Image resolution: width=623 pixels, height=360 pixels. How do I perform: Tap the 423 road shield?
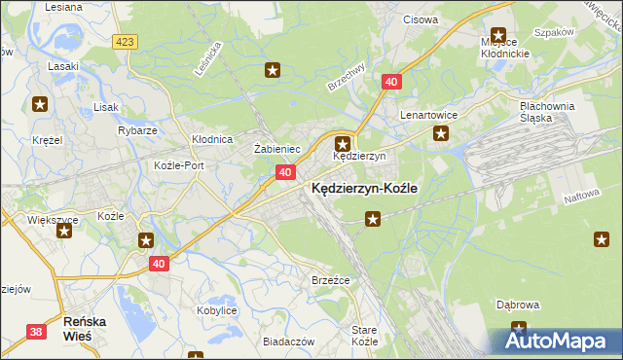tap(124, 42)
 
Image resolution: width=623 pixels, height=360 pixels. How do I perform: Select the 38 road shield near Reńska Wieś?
tap(36, 332)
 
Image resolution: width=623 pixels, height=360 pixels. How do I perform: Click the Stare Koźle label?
tap(364, 337)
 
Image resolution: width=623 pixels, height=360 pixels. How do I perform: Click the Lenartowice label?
tap(429, 114)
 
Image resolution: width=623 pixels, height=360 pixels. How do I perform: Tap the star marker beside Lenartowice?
tap(440, 133)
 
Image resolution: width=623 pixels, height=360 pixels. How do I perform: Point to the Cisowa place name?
tap(421, 18)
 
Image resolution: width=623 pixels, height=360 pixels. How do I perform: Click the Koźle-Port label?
tap(179, 165)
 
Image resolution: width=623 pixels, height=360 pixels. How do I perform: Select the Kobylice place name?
tap(217, 309)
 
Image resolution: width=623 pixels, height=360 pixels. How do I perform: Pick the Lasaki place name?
tap(64, 67)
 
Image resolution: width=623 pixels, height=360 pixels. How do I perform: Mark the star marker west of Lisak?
tap(40, 103)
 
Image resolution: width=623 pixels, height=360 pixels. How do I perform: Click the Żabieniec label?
tap(276, 148)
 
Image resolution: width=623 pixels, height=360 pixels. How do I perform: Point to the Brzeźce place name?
tap(330, 280)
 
